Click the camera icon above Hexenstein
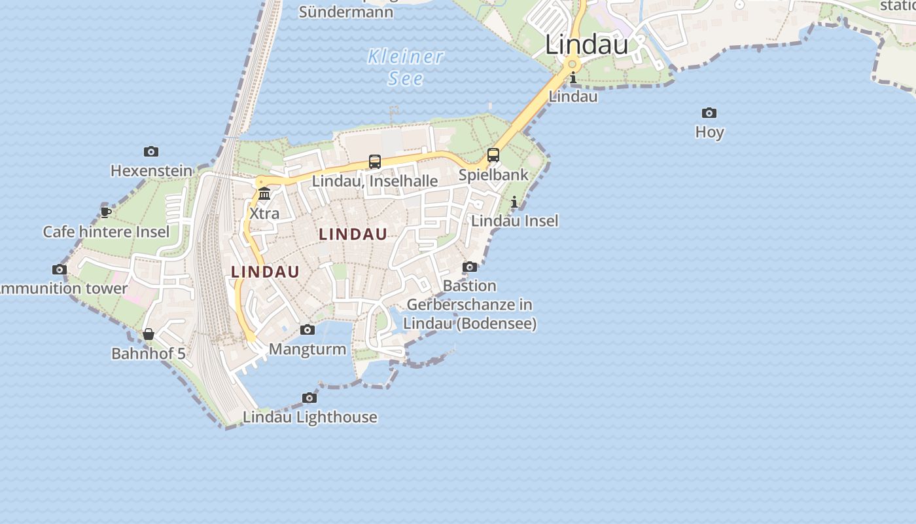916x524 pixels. [151, 152]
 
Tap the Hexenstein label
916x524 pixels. [151, 171]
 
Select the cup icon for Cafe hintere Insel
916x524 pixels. [105, 212]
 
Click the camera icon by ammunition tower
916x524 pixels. [60, 269]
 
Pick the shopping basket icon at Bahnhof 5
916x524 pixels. [149, 334]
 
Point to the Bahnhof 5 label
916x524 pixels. [149, 354]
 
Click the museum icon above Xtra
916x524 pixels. [264, 193]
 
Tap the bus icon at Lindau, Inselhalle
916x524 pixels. [375, 161]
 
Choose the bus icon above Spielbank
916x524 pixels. [493, 155]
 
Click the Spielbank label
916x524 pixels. [493, 175]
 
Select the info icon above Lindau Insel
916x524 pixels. [514, 202]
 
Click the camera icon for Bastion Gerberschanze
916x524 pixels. [470, 267]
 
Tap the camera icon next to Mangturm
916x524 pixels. [308, 329]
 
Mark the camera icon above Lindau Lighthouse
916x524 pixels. [309, 398]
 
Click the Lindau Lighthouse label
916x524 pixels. [309, 417]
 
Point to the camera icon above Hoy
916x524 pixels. [709, 113]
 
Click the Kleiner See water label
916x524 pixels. [406, 67]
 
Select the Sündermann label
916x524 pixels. [346, 11]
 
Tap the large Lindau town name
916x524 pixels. [586, 45]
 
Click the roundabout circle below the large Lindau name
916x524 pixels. [572, 64]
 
